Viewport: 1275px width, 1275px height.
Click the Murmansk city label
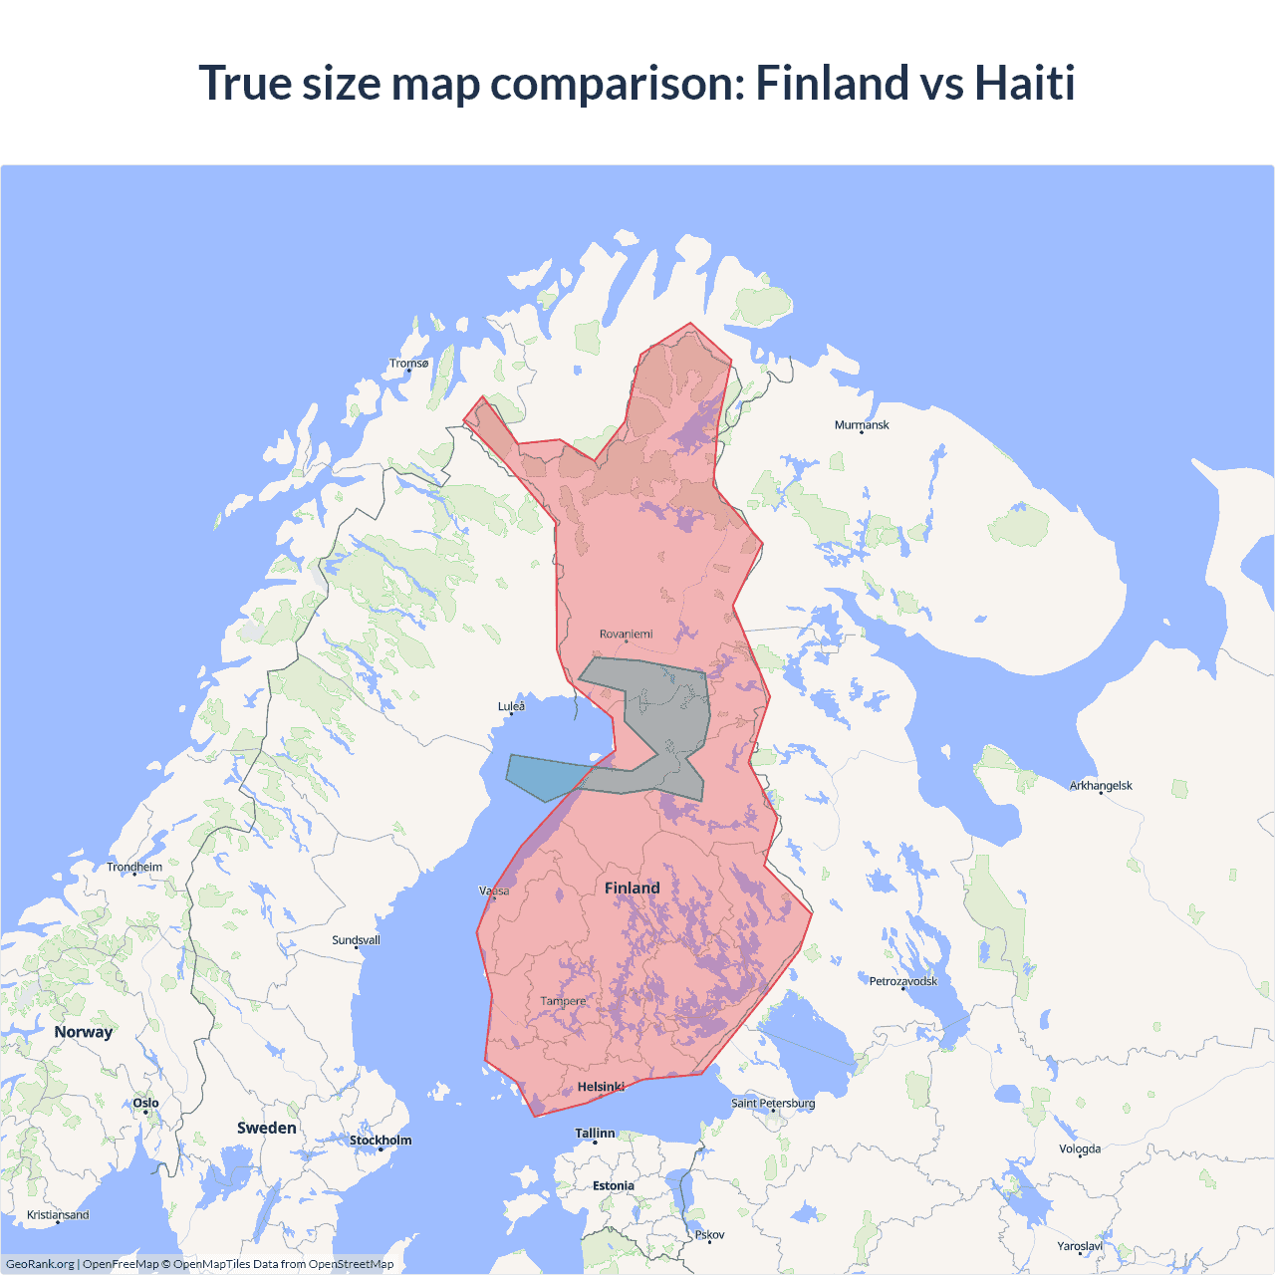click(x=862, y=425)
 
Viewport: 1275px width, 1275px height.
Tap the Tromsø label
click(x=408, y=364)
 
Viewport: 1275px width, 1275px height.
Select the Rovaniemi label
click(x=627, y=635)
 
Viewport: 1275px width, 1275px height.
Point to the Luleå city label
click(x=511, y=706)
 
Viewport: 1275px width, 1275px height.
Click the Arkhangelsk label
click(x=1101, y=786)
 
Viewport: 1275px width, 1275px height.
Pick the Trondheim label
click(x=134, y=868)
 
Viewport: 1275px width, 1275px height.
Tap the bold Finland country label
click(x=632, y=888)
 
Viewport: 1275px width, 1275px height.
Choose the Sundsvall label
click(x=356, y=940)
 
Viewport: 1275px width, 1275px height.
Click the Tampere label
click(x=563, y=1001)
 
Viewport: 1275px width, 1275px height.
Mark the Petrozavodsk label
click(x=902, y=981)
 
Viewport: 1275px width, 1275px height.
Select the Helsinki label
click(x=601, y=1087)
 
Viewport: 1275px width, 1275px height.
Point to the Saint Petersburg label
click(x=773, y=1103)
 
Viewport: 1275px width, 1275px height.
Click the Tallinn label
click(x=595, y=1134)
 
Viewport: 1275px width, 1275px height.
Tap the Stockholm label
click(x=380, y=1141)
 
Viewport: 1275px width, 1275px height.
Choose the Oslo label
click(x=145, y=1103)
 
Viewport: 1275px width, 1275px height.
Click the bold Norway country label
click(x=84, y=1032)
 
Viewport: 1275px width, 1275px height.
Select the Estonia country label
click(x=613, y=1186)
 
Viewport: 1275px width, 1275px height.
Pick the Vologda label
click(x=1080, y=1149)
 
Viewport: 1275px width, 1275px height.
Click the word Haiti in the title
click(x=1024, y=83)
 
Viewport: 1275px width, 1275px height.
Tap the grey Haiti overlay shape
click(x=662, y=717)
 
